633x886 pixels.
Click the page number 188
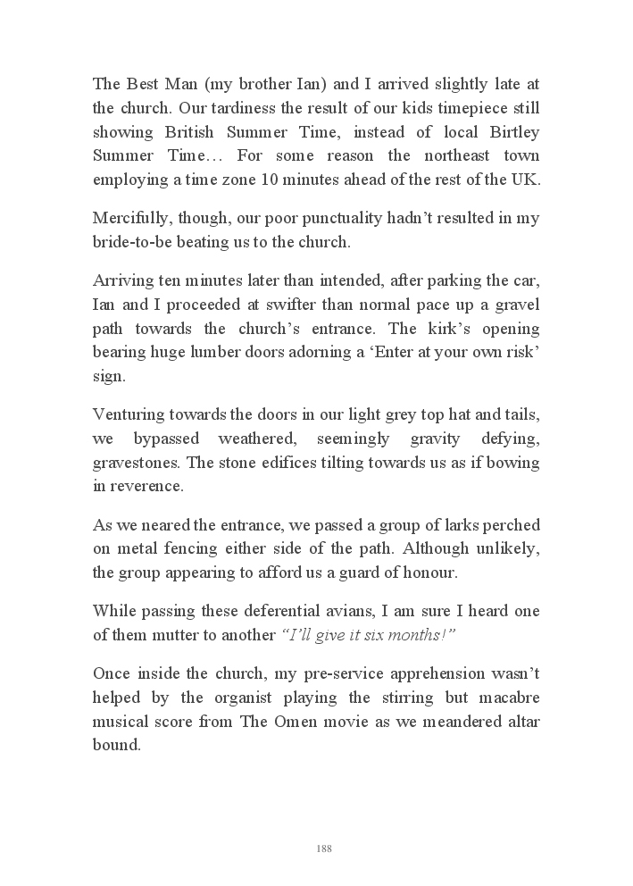coord(324,848)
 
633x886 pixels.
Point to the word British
coord(194,132)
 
